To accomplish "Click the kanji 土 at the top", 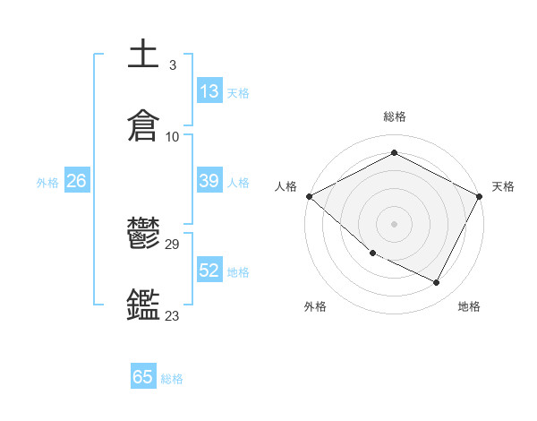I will tap(144, 54).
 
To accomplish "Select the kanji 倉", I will tap(144, 126).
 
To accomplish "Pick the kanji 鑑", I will tap(144, 305).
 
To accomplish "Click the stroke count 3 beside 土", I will tap(173, 64).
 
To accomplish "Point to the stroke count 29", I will tap(173, 244).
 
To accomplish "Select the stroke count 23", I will tap(173, 315).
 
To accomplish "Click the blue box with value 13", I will tap(209, 91).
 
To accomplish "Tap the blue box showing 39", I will tap(209, 181).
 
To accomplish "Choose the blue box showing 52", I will tap(209, 271).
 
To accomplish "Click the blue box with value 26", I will tap(76, 181).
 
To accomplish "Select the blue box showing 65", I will tap(143, 377).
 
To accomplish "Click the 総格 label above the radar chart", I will tap(394, 116).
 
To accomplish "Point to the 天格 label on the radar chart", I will tap(503, 186).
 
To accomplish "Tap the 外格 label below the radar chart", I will tap(315, 306).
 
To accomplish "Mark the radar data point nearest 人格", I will tap(309, 196).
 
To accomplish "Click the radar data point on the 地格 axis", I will tap(437, 283).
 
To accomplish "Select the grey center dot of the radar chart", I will tap(394, 223).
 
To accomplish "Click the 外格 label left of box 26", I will tap(47, 182).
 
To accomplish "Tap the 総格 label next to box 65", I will tap(172, 378).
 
